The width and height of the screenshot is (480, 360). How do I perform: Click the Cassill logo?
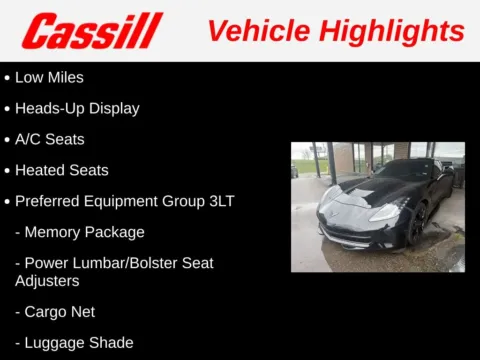pyautogui.click(x=91, y=31)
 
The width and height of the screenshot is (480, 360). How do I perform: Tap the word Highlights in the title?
pyautogui.click(x=391, y=31)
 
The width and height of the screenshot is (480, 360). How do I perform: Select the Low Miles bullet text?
pyautogui.click(x=49, y=77)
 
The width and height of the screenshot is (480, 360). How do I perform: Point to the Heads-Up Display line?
pyautogui.click(x=77, y=108)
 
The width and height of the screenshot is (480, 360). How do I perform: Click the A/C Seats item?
pyautogui.click(x=49, y=139)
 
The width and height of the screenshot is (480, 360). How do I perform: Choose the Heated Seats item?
pyautogui.click(x=61, y=170)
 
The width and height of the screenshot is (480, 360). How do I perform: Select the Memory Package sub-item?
pyautogui.click(x=84, y=232)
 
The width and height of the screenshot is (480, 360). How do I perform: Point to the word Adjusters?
pyautogui.click(x=48, y=281)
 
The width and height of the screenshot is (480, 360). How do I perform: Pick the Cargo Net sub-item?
pyautogui.click(x=60, y=312)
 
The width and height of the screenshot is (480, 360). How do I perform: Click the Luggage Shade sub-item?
pyautogui.click(x=79, y=343)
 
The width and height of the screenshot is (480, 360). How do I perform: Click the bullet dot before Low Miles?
pyautogui.click(x=7, y=78)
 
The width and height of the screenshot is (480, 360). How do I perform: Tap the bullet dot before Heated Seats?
pyautogui.click(x=7, y=171)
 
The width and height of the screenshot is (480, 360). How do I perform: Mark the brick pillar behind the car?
pyautogui.click(x=346, y=160)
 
